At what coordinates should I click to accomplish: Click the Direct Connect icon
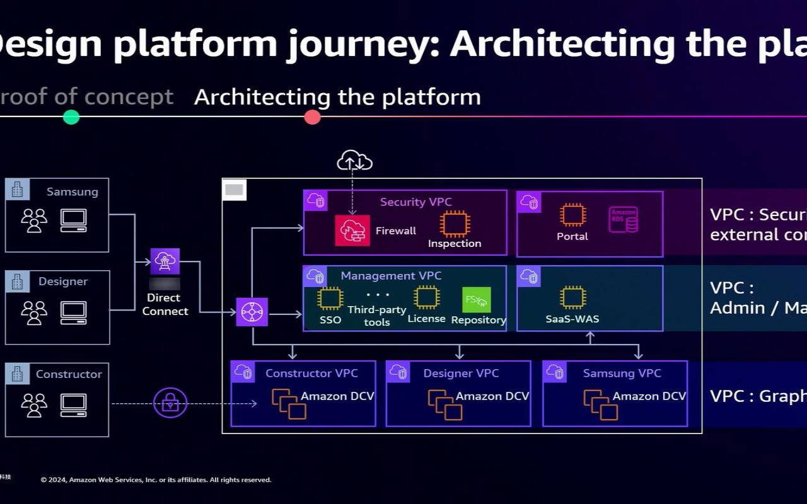tap(165, 261)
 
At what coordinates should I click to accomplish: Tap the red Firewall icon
tap(352, 231)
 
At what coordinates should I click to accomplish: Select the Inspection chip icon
tap(455, 224)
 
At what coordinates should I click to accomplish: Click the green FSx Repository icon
tap(476, 300)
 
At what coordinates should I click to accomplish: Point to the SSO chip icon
tap(330, 298)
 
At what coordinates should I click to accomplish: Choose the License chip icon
tap(426, 297)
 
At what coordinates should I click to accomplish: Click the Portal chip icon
tap(572, 215)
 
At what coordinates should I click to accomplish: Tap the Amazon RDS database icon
tap(624, 220)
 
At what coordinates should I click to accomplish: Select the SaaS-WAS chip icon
tap(572, 297)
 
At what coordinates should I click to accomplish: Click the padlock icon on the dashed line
tap(170, 403)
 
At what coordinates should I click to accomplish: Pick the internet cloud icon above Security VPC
tap(354, 161)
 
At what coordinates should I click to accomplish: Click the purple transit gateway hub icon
tap(252, 312)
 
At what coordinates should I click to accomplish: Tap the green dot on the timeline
tap(71, 117)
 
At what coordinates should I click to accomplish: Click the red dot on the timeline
tap(312, 117)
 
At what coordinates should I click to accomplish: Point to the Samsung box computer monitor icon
tap(73, 219)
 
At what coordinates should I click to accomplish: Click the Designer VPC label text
tap(461, 374)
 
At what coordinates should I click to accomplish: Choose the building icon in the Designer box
tap(18, 282)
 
